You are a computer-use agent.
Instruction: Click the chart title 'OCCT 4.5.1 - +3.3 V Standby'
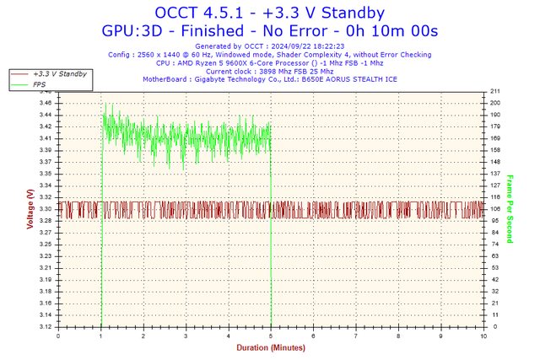[x=270, y=13]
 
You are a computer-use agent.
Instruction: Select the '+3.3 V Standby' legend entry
[x=59, y=74]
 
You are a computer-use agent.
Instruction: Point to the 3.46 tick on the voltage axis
[x=45, y=103]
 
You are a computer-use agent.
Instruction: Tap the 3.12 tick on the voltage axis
[x=45, y=326]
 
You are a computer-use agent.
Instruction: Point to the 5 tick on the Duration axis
[x=271, y=334]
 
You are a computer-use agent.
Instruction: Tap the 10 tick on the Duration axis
[x=483, y=334]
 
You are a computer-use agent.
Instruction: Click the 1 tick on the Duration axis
[x=100, y=334]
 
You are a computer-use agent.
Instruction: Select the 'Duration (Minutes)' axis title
[x=270, y=346]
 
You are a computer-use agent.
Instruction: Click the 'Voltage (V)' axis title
[x=30, y=209]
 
